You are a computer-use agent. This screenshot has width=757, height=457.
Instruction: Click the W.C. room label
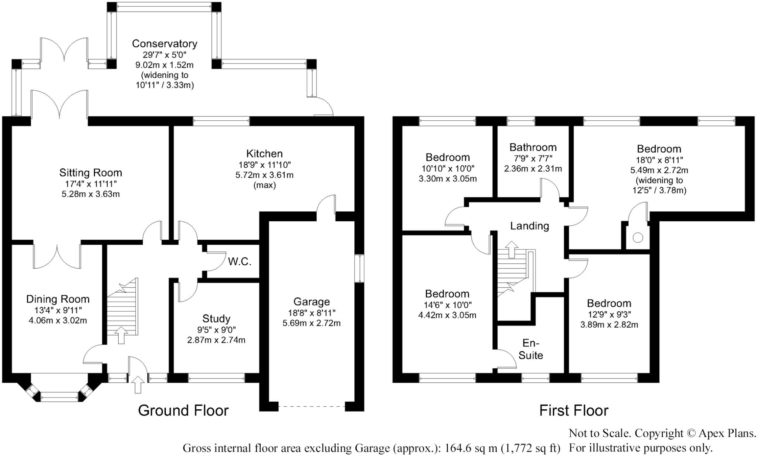coord(240,262)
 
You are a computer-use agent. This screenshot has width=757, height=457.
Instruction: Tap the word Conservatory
coord(164,44)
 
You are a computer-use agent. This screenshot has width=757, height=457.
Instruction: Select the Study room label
coord(216,318)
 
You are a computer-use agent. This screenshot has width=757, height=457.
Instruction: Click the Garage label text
coord(311,302)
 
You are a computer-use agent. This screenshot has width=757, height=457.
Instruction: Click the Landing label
coord(529,226)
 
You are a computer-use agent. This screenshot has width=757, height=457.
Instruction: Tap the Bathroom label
coord(533,147)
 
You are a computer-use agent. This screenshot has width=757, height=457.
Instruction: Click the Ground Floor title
coord(183,410)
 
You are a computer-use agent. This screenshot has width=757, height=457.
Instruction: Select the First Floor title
coord(574,410)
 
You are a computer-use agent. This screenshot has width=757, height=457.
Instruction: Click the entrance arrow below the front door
coord(138,385)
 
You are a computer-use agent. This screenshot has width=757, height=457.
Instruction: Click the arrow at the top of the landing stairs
coord(512,249)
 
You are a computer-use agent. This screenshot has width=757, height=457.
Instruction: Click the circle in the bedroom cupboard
coord(638,238)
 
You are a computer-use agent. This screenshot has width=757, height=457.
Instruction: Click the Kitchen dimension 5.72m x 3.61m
coord(264,175)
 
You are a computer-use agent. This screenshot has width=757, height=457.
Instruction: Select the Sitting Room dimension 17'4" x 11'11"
coord(91,184)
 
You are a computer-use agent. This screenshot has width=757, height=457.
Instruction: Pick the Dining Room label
coord(58,299)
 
